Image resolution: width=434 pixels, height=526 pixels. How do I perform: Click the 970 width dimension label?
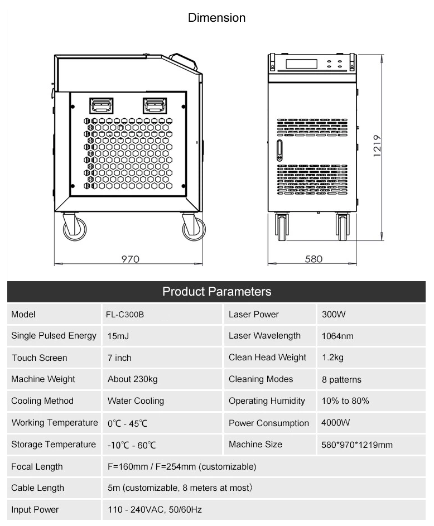tap(130, 259)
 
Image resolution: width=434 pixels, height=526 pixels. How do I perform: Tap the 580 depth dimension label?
tap(314, 259)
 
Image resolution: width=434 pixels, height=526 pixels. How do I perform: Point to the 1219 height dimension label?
tap(377, 146)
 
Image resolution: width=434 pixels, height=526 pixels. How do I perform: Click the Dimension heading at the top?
tap(216, 17)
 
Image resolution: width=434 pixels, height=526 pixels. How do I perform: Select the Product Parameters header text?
tap(216, 292)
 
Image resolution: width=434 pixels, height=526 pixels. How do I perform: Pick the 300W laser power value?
tap(334, 315)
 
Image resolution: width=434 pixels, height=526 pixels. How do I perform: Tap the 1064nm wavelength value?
tap(337, 336)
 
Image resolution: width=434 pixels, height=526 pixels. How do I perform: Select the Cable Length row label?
tap(37, 488)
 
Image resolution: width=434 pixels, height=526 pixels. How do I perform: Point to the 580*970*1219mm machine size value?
tap(357, 445)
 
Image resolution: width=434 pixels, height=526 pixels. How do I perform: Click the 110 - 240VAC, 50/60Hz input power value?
tap(155, 510)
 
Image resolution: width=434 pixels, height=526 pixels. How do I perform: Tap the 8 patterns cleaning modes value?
tap(341, 379)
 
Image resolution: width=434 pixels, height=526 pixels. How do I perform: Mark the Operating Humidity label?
tap(267, 401)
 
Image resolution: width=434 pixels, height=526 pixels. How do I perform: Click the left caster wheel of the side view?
tap(74, 227)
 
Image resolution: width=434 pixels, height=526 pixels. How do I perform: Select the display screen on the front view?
tap(301, 64)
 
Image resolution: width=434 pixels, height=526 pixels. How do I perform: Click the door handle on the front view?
tap(279, 150)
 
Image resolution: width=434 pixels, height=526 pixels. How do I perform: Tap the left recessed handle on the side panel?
tap(102, 105)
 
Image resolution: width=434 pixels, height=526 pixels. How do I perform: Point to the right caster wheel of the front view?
tap(343, 227)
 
